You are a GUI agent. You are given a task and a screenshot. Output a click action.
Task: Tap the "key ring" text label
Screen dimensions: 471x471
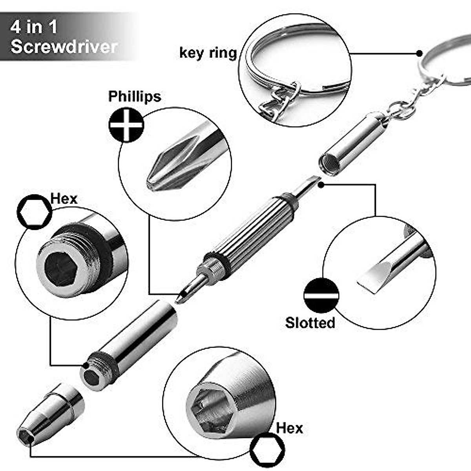point(208,53)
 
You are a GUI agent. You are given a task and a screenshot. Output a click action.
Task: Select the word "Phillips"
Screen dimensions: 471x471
point(135,96)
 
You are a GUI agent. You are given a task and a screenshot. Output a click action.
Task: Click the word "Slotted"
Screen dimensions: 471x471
point(310,323)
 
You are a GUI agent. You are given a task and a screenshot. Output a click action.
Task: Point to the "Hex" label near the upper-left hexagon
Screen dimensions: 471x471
point(64,199)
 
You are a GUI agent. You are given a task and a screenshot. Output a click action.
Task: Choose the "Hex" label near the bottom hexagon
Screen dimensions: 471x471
point(289,427)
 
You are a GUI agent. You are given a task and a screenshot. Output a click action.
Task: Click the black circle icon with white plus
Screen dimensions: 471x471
point(126,125)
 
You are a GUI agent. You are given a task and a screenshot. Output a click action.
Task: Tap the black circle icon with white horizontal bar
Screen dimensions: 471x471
point(321,296)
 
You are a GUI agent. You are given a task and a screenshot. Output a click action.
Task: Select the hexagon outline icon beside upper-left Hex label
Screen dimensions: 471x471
point(35,212)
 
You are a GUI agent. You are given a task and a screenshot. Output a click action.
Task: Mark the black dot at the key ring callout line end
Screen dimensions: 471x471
point(419,53)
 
